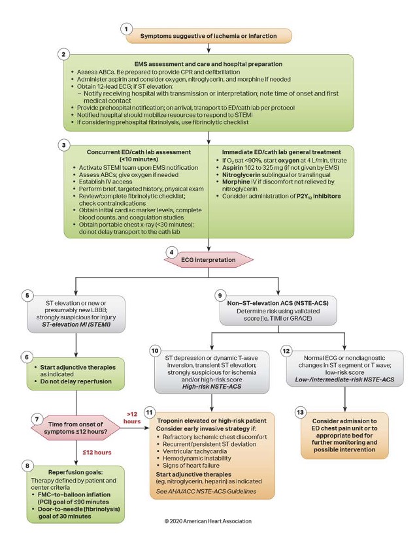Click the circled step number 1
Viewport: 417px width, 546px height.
[x=128, y=29]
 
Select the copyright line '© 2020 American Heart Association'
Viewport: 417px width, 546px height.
[x=208, y=521]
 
